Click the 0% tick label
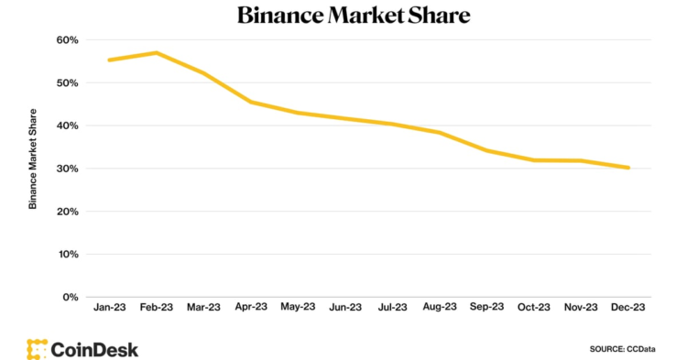(70, 297)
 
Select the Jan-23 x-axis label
(110, 309)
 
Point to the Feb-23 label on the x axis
(157, 309)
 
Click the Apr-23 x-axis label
(250, 309)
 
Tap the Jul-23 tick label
(391, 309)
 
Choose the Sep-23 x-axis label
(485, 309)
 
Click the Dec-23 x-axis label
(627, 309)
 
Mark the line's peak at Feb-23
(157, 53)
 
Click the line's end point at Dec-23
(627, 168)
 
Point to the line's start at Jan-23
(110, 60)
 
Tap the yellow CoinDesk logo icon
(37, 349)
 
